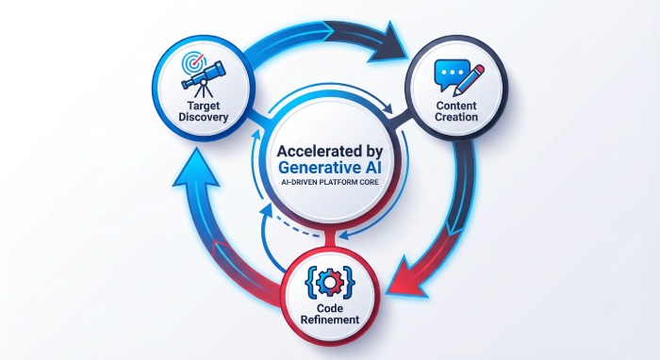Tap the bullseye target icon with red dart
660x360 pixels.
click(193, 62)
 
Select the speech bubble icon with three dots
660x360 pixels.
click(452, 74)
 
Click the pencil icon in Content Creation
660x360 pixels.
click(469, 79)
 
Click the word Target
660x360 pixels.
click(204, 106)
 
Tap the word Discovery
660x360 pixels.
click(204, 117)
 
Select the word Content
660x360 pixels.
click(456, 106)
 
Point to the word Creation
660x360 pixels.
click(456, 117)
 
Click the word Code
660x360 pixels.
click(330, 308)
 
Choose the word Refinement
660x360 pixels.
click(330, 319)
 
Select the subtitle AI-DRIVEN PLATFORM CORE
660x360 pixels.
click(330, 183)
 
